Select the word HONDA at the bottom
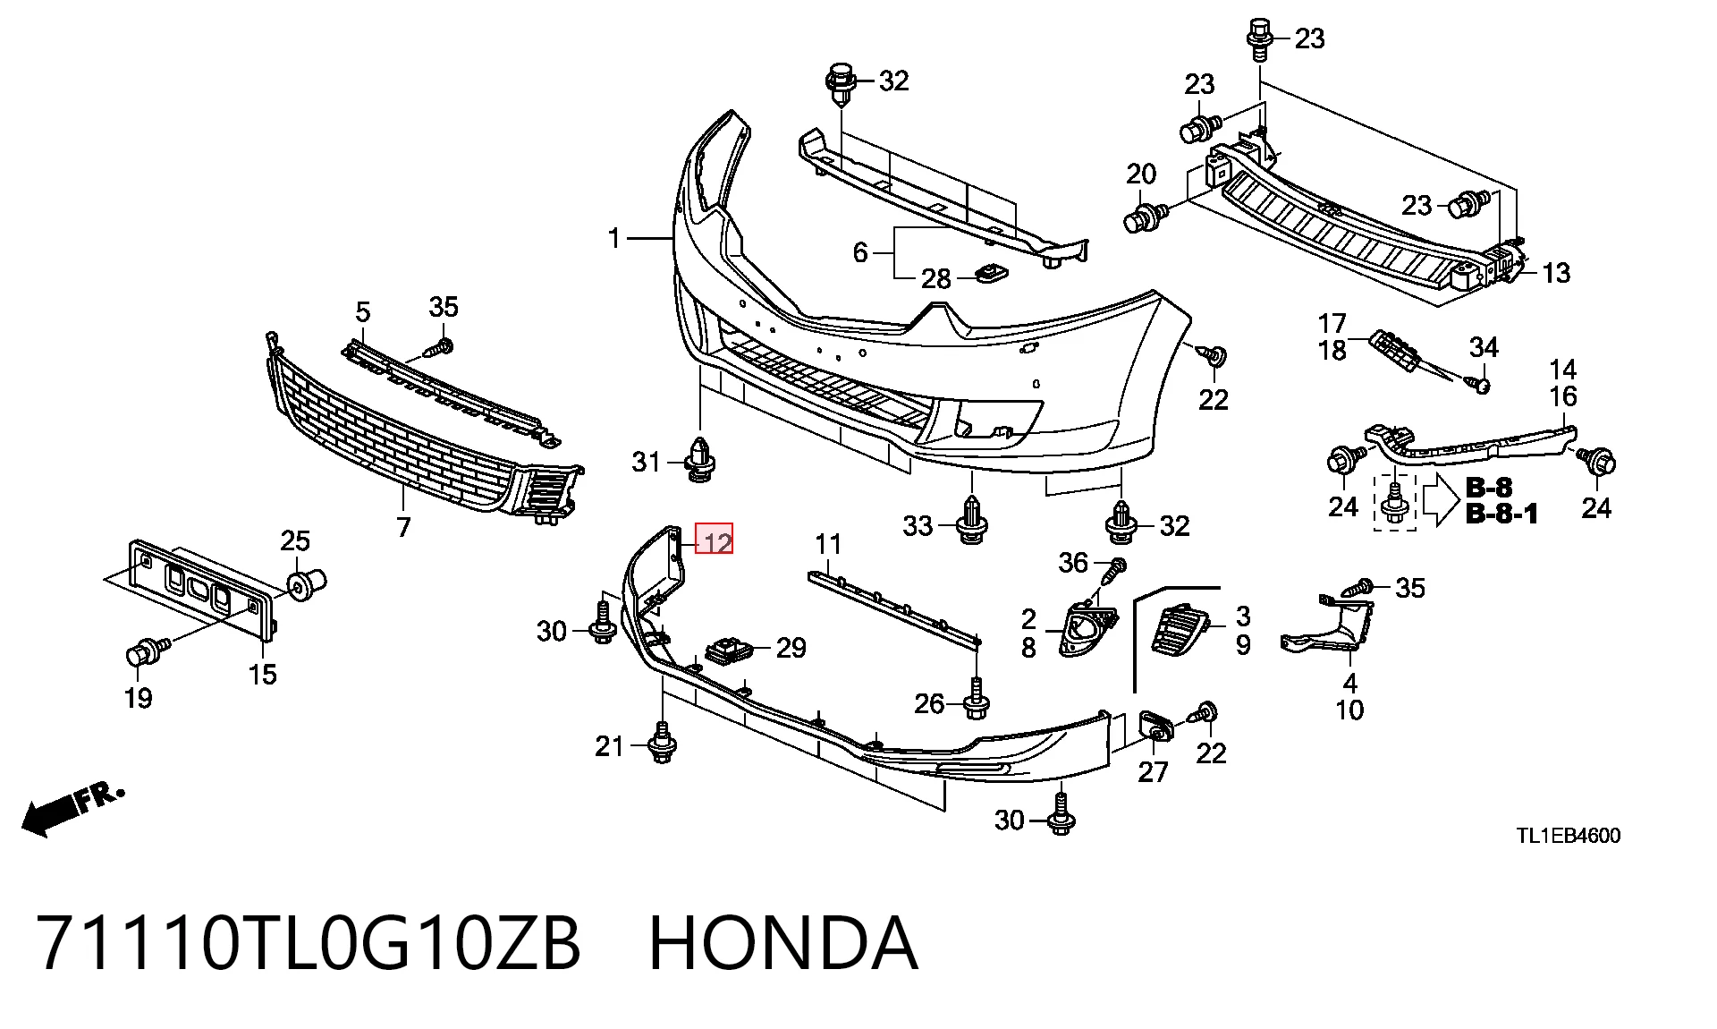pyautogui.click(x=782, y=943)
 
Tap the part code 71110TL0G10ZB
pyautogui.click(x=309, y=943)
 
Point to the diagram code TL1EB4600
pyautogui.click(x=1568, y=836)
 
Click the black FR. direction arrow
pyautogui.click(x=72, y=809)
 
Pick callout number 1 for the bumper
pyautogui.click(x=614, y=238)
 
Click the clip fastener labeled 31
pyautogui.click(x=699, y=459)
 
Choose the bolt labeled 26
pyautogui.click(x=976, y=700)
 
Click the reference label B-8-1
pyautogui.click(x=1501, y=514)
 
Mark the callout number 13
pyautogui.click(x=1556, y=273)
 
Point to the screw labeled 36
pyautogui.click(x=1113, y=570)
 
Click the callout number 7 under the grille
pyautogui.click(x=403, y=527)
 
